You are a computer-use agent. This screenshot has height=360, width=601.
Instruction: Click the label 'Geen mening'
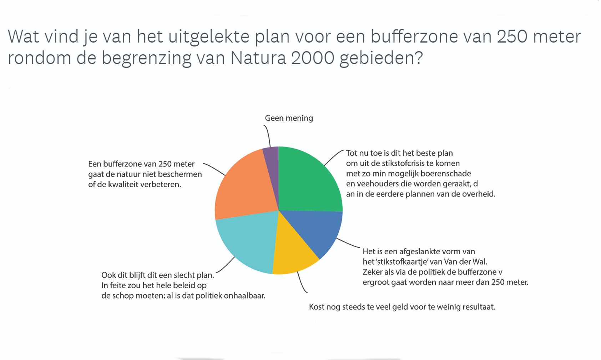click(x=289, y=118)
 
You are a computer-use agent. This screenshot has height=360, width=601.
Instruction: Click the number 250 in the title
click(x=512, y=36)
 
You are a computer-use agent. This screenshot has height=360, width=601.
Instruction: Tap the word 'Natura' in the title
click(x=258, y=58)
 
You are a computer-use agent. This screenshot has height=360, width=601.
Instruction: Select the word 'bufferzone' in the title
click(x=414, y=36)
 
